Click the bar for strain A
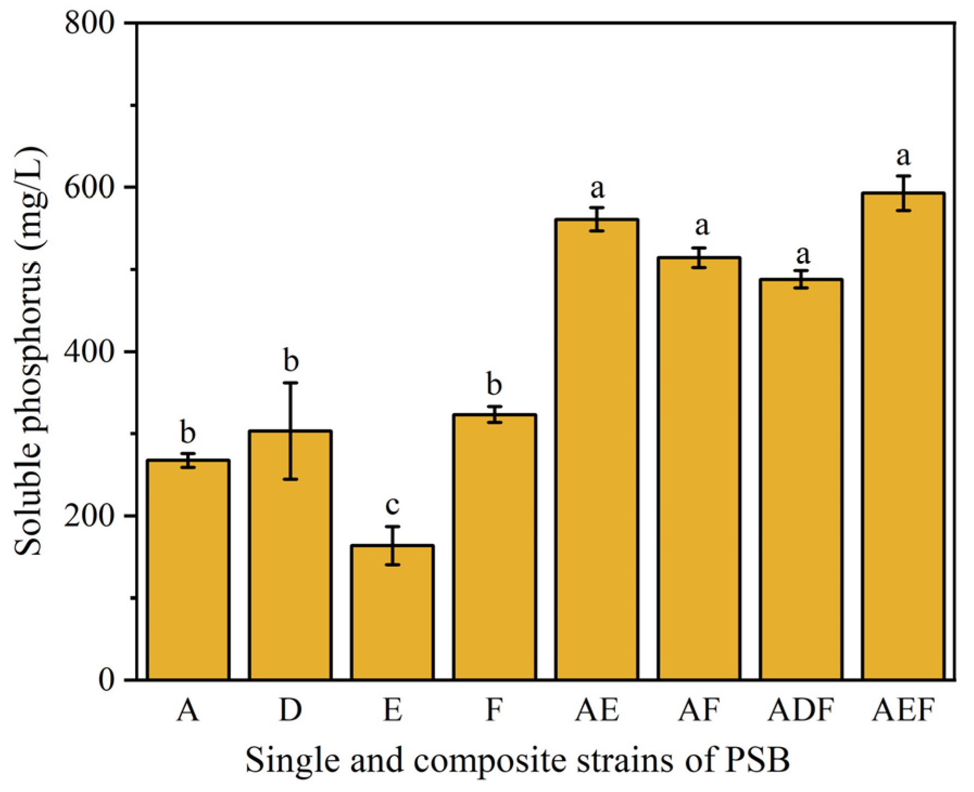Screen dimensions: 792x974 (188, 570)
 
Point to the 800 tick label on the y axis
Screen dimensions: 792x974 (90, 23)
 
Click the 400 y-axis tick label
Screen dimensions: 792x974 (90, 351)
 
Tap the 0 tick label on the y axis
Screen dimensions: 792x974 (106, 679)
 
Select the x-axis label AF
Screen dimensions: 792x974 (699, 709)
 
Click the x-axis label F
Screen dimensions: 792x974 (494, 709)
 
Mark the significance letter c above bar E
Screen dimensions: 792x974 (392, 505)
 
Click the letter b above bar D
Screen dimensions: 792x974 (291, 360)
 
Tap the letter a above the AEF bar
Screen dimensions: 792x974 (903, 157)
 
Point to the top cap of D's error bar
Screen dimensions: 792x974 (290, 383)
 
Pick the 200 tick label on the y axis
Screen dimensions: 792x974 (90, 516)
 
